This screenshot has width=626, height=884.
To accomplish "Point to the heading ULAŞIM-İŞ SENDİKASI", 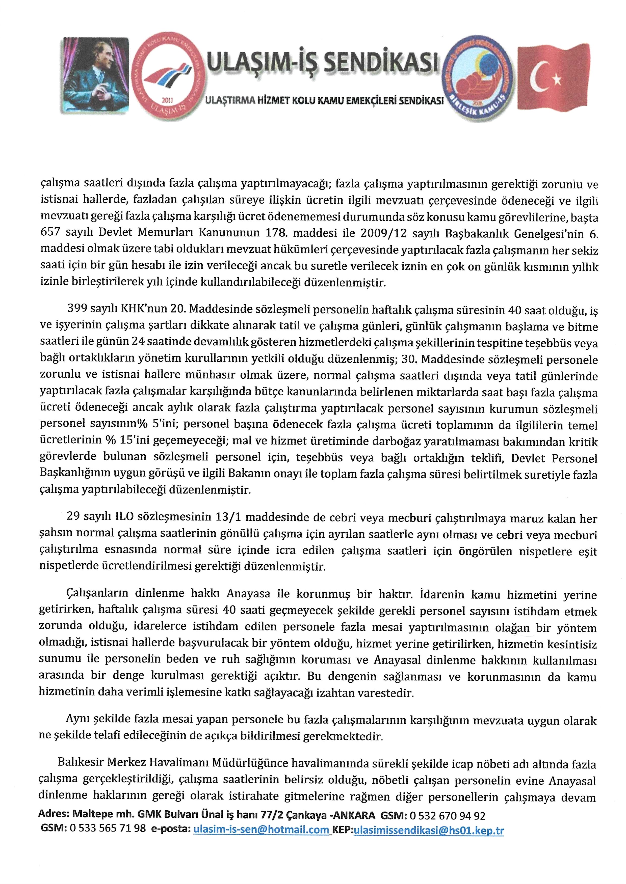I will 323,64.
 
